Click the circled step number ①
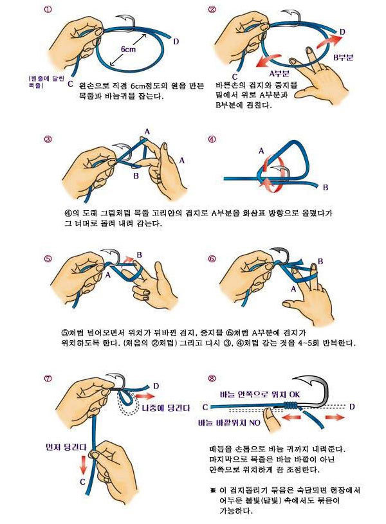[48, 10]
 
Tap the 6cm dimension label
[128, 50]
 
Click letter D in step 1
[176, 42]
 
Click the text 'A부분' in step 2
[279, 73]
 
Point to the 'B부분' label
[343, 57]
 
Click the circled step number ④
[212, 140]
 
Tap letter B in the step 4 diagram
[326, 188]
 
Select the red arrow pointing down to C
[82, 464]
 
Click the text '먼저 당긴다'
[66, 447]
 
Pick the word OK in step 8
[295, 394]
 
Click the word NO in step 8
[255, 423]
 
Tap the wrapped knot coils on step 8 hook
[291, 405]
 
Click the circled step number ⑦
[48, 378]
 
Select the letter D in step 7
[156, 386]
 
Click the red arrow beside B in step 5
[128, 259]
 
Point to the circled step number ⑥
[212, 258]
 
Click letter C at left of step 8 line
[205, 407]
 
